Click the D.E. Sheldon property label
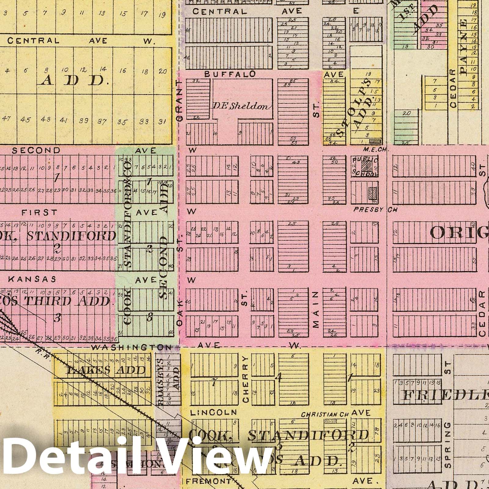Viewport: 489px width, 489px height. tap(242, 107)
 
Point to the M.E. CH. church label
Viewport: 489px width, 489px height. tap(372, 150)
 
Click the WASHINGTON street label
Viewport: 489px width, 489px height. tap(131, 347)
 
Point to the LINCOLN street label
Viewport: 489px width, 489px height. tap(213, 413)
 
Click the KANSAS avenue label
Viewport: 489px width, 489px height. tap(32, 279)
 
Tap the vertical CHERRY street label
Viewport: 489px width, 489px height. tap(246, 379)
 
